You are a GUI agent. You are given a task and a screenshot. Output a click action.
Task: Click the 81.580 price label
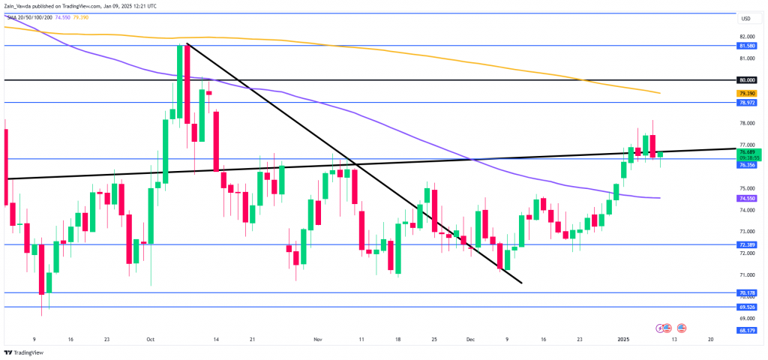[746, 46]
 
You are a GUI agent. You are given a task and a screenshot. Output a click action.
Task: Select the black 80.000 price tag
[746, 79]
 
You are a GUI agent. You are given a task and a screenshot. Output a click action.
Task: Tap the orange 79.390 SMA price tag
[746, 93]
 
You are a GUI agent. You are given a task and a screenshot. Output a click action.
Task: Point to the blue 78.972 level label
[746, 101]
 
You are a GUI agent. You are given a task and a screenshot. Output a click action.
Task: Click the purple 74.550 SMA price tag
[746, 198]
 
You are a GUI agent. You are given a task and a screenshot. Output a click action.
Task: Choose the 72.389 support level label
[746, 244]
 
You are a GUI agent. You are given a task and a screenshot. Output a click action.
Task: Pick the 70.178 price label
[746, 293]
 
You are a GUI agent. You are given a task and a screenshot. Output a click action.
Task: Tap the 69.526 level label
[746, 307]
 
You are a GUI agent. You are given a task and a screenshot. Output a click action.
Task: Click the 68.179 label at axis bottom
[746, 331]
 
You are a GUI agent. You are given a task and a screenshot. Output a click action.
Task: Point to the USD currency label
[745, 19]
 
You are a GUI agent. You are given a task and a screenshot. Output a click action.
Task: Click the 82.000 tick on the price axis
[745, 36]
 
